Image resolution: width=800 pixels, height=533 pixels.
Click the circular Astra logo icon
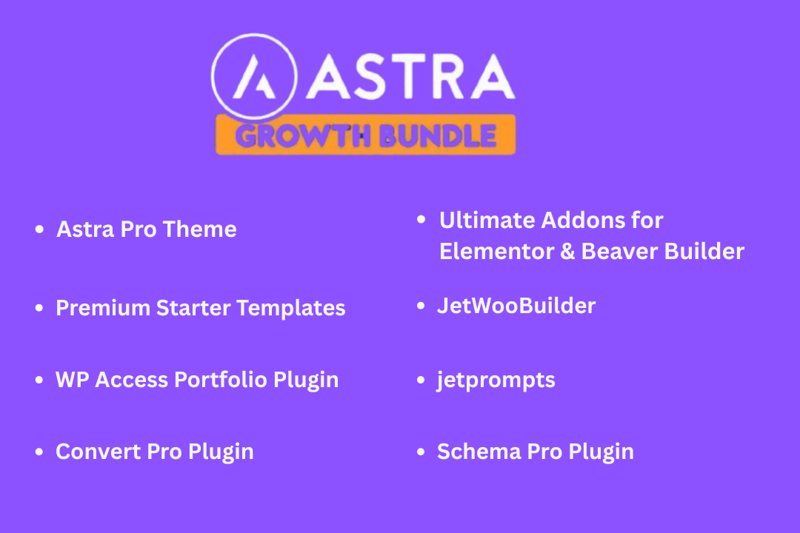254,76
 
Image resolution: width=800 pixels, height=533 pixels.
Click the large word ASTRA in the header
410,76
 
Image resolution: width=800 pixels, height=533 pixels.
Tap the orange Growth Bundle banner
365,135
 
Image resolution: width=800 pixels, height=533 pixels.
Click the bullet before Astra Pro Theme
39,229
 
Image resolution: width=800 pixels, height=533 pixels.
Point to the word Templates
291,308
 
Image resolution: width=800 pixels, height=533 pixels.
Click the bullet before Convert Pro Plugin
39,452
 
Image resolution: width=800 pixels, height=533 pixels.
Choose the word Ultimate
487,221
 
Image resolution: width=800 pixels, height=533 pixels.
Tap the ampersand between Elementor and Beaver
567,252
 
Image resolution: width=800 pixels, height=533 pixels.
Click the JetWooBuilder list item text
516,306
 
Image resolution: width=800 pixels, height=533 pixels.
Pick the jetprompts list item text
496,381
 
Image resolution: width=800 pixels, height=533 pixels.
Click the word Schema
479,452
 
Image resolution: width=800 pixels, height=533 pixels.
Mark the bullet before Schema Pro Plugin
421,452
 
